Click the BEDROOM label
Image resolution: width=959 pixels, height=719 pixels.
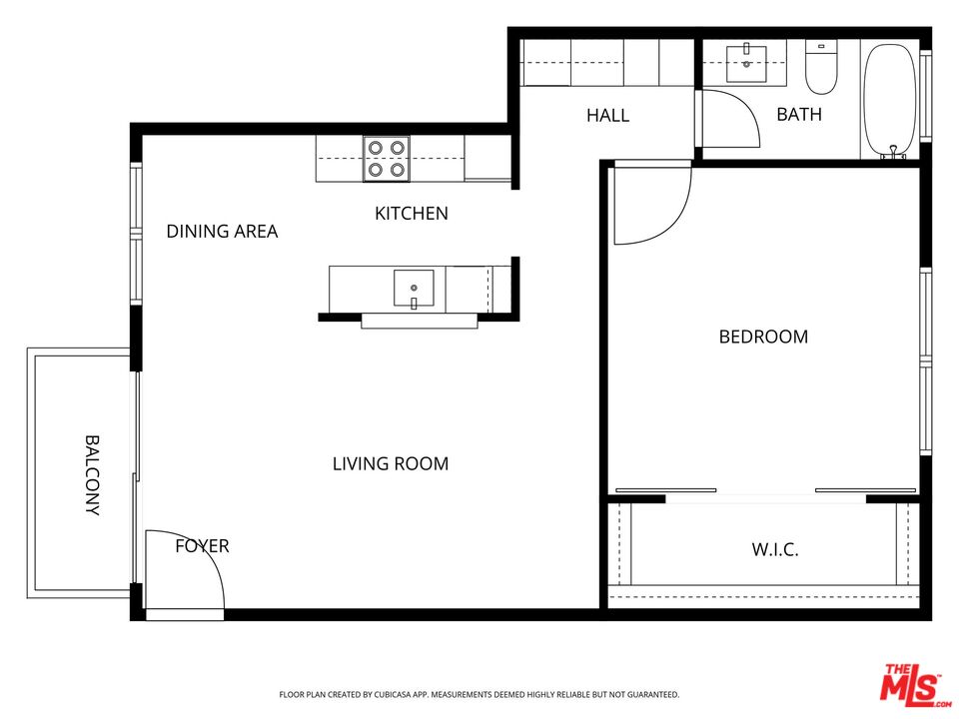coord(763,337)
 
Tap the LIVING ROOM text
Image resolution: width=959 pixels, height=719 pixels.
coord(390,463)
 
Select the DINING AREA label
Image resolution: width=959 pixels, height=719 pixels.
coord(222,232)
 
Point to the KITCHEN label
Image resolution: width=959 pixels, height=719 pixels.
coord(411,213)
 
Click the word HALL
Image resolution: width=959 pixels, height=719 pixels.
coord(607,115)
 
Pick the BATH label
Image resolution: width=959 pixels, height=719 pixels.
coord(799,114)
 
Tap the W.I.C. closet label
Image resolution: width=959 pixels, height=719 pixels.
coord(774,549)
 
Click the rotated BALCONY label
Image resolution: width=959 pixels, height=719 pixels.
coord(92,474)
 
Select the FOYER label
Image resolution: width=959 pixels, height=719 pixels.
coord(202,546)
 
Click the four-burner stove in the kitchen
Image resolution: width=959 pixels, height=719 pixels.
coord(386,159)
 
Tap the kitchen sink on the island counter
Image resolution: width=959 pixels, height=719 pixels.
coord(413,290)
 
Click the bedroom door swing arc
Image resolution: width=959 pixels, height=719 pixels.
coord(651,205)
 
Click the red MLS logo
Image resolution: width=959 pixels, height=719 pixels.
coord(910,684)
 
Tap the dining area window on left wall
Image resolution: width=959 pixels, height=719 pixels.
coord(136,234)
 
